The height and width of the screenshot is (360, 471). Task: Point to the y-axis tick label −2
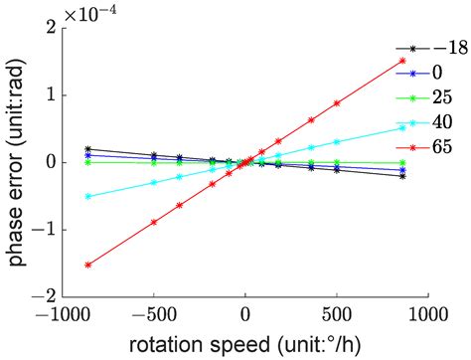(44, 296)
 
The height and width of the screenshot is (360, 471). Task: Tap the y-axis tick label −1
(44, 230)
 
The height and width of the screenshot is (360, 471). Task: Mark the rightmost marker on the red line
(402, 61)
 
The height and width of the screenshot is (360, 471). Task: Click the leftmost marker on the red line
(87, 265)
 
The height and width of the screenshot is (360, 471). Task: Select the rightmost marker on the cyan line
(402, 127)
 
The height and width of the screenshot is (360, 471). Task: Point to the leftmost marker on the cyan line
(87, 196)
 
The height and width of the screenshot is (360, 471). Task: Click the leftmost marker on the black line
(87, 148)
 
